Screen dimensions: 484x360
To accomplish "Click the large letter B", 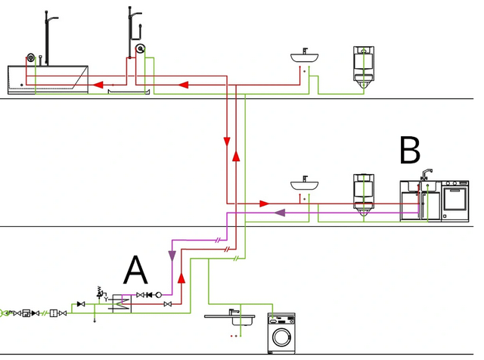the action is [x=410, y=150].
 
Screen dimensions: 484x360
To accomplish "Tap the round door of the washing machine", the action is [x=281, y=337].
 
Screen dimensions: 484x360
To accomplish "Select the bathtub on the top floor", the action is [x=48, y=79].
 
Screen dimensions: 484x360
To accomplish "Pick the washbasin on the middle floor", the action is [x=304, y=184].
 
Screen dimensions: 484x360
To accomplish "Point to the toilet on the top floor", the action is [x=364, y=67].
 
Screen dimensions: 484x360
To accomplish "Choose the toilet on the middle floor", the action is [x=364, y=195].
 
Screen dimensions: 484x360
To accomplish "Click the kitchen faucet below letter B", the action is [x=426, y=175].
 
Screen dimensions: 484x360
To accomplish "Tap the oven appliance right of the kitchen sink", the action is [x=455, y=200].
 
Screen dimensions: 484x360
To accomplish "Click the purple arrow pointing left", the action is [x=280, y=213].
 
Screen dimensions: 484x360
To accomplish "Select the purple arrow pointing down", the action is [x=172, y=256].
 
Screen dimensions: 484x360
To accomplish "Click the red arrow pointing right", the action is [x=264, y=203].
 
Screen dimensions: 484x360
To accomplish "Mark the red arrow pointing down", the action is [x=227, y=142].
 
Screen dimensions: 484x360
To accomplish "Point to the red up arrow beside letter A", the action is [x=181, y=278].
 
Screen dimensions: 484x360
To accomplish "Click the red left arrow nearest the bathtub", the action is [x=98, y=84].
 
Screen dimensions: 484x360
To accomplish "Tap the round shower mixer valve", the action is [x=140, y=48].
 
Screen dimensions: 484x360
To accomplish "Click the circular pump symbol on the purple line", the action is [x=158, y=295].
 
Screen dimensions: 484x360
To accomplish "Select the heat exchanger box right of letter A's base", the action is [x=122, y=303].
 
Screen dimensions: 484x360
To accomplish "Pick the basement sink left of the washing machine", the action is [x=230, y=318].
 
